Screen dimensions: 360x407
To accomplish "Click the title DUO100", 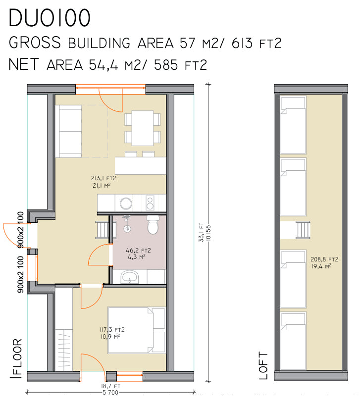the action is pos(50,18).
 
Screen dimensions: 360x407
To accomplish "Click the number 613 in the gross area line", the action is pos(242,43).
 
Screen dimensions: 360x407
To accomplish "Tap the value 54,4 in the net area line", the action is pos(103,65).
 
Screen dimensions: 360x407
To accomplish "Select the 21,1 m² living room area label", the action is pos(102,186).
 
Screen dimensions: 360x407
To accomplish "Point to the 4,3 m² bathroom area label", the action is pos(137,257).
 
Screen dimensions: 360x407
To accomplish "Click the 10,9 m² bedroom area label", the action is pos(110,336).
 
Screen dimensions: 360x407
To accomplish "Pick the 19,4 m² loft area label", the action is pos(321,266).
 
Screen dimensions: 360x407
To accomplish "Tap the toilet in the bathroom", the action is pos(153,225).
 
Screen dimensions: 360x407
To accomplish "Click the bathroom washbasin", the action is pos(130,277).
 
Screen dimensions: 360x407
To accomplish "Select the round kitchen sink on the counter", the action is pos(126,203).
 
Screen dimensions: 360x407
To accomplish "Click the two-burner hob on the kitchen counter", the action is pos(150,203).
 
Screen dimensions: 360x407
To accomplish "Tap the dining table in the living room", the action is pos(142,128).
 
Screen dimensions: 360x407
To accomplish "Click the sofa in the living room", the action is pos(68,131).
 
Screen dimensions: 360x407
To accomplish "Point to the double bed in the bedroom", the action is pos(137,330).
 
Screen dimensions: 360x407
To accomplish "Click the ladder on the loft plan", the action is pos(303,230).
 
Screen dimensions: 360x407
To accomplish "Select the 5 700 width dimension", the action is pos(110,392).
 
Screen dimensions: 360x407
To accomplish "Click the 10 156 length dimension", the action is pos(208,233).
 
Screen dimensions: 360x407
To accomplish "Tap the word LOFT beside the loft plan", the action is pos(263,366).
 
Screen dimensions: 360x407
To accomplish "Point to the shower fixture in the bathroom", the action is pos(127,224).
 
